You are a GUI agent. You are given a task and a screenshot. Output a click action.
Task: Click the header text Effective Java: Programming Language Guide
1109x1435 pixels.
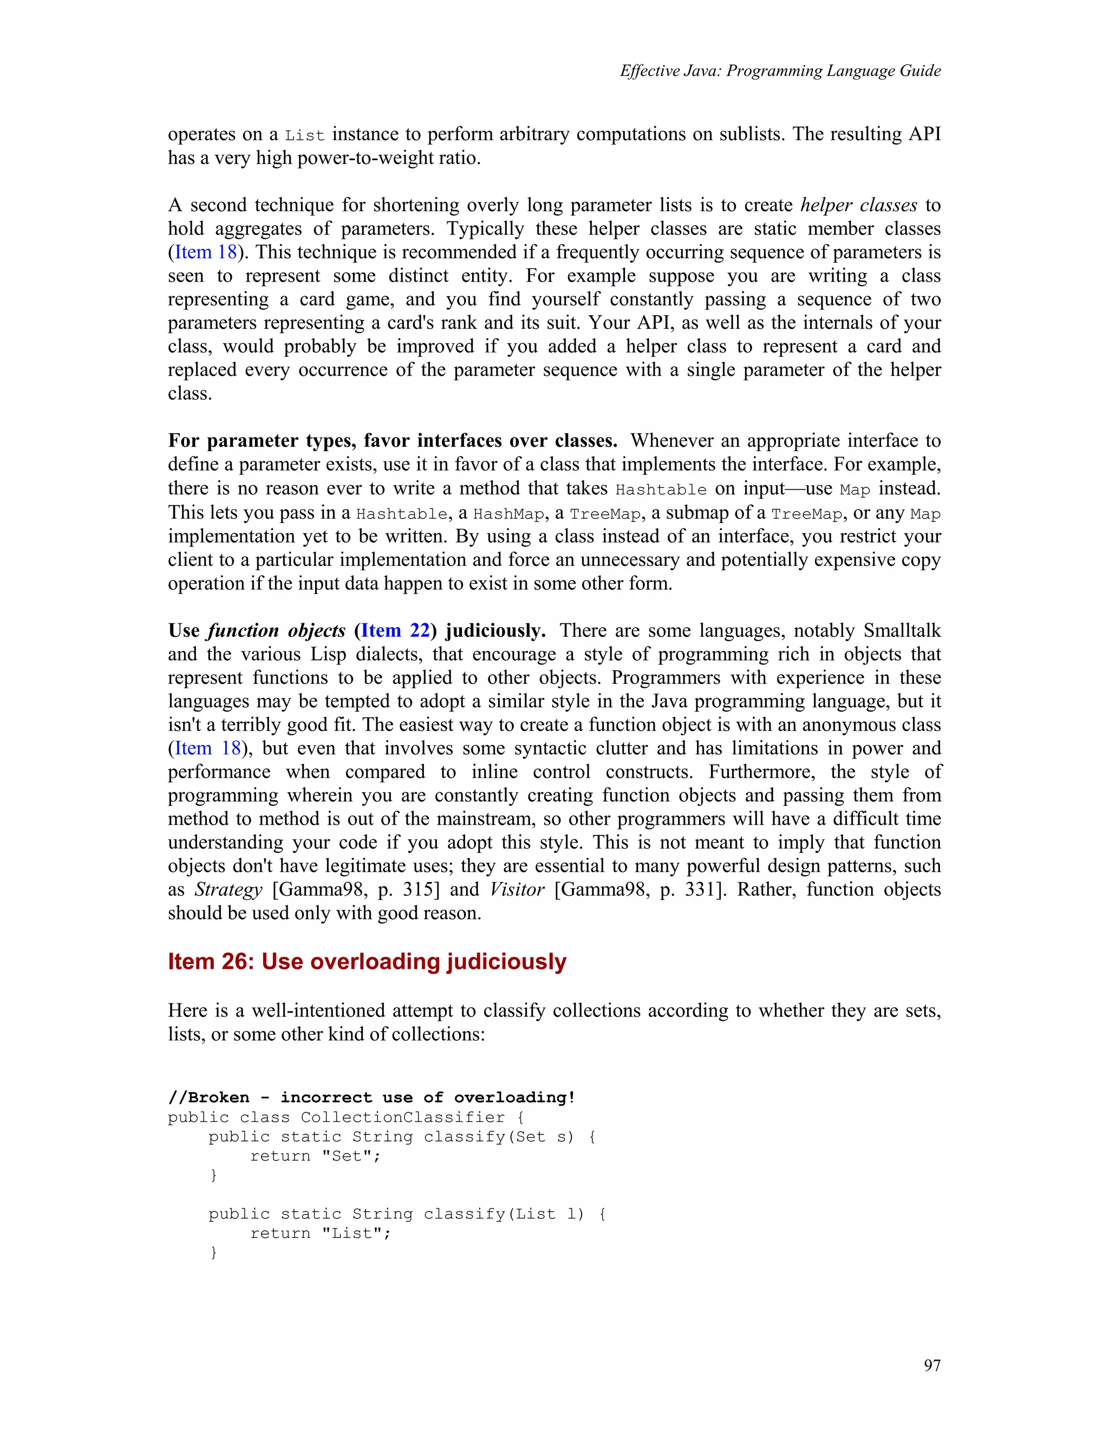pos(780,71)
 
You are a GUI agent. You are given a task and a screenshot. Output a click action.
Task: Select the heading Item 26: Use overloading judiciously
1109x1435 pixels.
pos(367,961)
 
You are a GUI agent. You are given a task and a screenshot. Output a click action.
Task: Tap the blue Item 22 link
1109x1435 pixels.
pos(395,630)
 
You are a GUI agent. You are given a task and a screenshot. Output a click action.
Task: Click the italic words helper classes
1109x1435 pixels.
pos(858,205)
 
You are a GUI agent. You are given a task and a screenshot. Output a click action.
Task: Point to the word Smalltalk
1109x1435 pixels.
pos(902,630)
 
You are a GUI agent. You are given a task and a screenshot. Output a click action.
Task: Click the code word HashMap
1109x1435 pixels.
pos(508,514)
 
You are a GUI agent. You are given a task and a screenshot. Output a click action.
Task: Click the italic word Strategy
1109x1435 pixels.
pos(228,889)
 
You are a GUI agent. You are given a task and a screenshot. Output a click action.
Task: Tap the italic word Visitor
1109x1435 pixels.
pos(517,889)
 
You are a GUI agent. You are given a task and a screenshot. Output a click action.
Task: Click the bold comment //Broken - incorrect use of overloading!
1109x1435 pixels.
pos(371,1097)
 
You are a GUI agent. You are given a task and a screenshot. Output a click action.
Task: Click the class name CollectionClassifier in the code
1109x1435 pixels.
pos(402,1117)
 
